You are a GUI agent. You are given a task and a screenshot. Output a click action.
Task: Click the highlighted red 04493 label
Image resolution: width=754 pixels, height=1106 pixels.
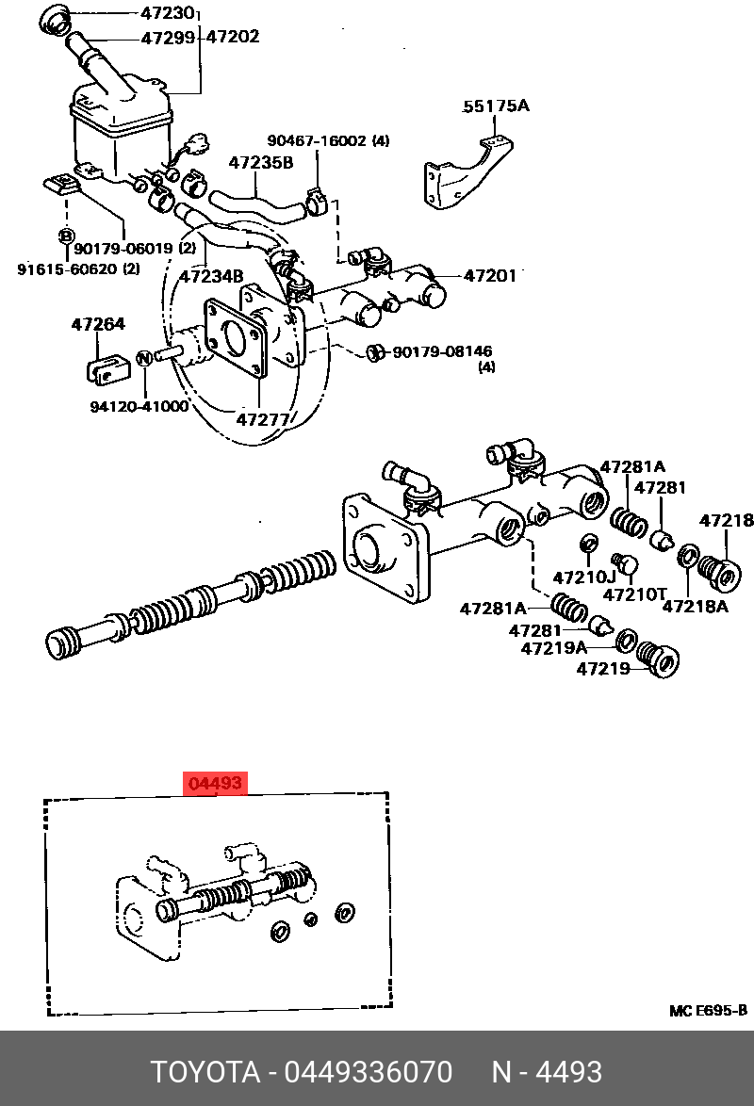[x=217, y=784]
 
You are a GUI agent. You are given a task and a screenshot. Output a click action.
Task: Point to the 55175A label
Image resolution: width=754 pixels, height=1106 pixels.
[x=495, y=106]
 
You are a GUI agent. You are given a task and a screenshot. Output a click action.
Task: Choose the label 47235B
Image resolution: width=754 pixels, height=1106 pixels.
[x=260, y=163]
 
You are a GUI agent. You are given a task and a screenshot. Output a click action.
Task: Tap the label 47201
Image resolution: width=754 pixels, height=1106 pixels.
[x=489, y=275]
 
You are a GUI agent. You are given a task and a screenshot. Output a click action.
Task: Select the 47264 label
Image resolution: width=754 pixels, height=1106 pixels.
[x=98, y=325]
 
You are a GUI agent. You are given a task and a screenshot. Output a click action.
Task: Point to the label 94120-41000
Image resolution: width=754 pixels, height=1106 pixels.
[x=139, y=407]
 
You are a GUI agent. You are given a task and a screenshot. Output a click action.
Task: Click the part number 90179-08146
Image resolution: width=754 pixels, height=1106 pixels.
[x=443, y=351]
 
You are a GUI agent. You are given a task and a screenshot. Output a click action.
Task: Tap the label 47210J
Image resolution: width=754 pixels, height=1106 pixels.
[x=583, y=577]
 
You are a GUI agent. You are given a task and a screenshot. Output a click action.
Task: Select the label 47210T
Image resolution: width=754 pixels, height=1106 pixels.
[x=634, y=594]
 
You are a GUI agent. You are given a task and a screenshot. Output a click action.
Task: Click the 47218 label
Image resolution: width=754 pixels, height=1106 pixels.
[x=726, y=520]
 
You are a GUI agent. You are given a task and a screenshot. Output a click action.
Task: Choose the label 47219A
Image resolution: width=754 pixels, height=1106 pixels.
[x=554, y=648]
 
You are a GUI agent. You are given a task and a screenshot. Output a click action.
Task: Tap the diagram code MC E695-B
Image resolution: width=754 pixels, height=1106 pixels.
[x=708, y=1011]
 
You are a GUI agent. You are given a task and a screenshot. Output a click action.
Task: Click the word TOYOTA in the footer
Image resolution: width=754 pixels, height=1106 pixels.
[x=205, y=1072]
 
